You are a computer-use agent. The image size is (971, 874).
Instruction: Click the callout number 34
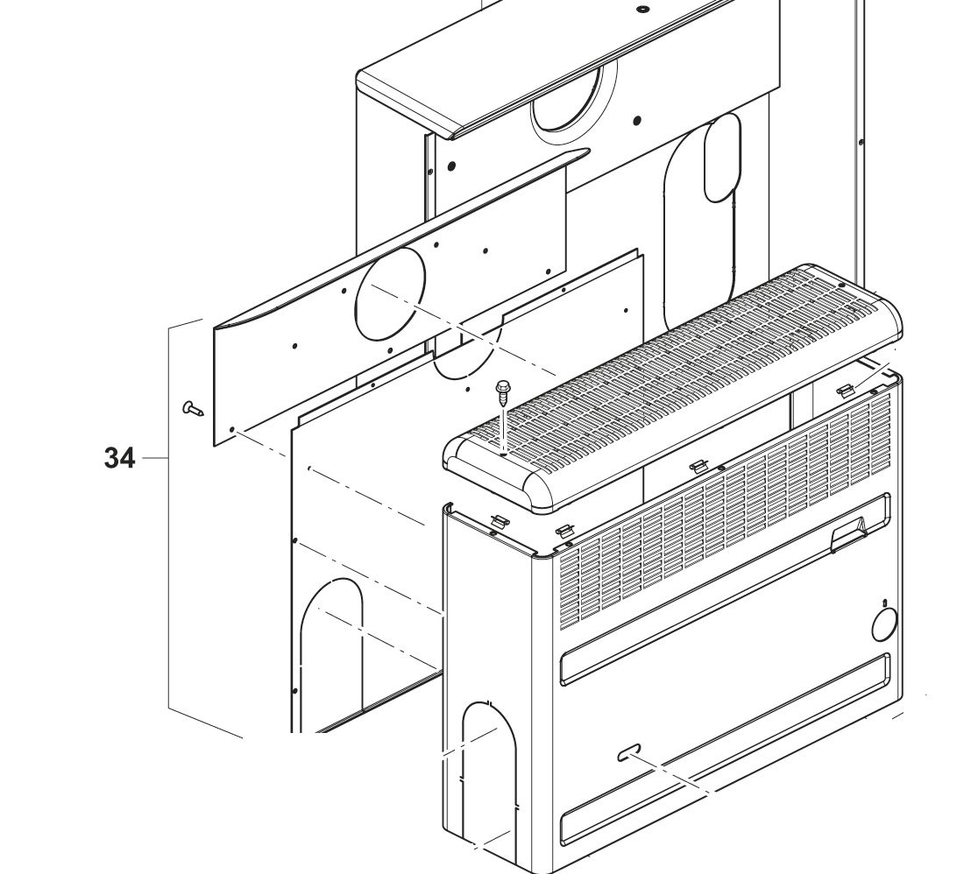tap(120, 457)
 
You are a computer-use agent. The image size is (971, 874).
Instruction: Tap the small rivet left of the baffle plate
tap(192, 407)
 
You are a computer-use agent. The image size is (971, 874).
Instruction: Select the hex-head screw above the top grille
tap(503, 391)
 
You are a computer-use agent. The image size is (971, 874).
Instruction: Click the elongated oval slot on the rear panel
tap(722, 158)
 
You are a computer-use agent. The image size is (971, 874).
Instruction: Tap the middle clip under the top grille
tap(698, 465)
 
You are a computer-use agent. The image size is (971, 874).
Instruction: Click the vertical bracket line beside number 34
tap(168, 517)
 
